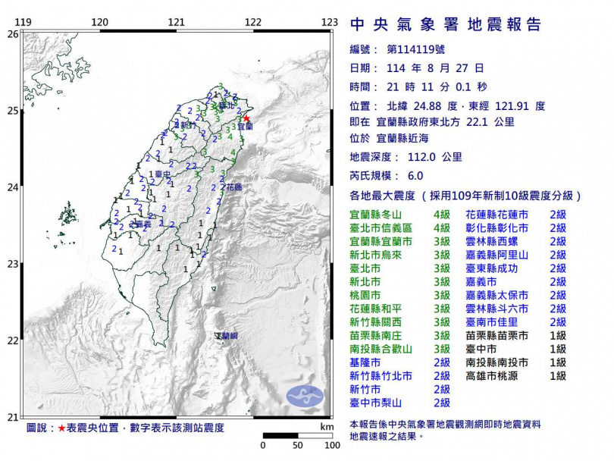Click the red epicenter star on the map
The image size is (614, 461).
coord(246,118)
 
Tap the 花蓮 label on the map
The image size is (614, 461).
coord(233,187)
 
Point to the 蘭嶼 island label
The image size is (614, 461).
coord(227,335)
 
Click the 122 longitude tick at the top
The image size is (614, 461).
coord(253,23)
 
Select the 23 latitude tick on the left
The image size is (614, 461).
coord(13,264)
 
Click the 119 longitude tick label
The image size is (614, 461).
coord(23,23)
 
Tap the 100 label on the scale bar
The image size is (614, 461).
coord(331,445)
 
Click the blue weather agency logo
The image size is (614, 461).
coord(303,396)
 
